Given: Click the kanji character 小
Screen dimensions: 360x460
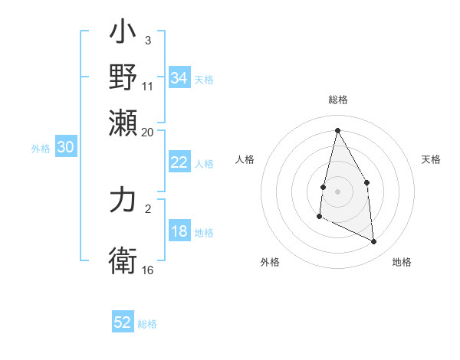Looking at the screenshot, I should click(123, 34).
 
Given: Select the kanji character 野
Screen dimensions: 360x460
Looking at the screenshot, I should click(123, 77).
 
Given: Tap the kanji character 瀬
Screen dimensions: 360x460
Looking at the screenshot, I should click(123, 122).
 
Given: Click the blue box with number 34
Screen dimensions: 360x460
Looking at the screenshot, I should click(179, 78).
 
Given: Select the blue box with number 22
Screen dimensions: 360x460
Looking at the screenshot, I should click(179, 162).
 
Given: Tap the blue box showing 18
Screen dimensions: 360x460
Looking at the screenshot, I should click(179, 232).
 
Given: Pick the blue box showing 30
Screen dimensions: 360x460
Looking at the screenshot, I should click(65, 148).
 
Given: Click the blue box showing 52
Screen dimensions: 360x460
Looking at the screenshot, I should click(123, 322).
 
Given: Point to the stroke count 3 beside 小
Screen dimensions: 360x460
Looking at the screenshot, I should click(147, 39).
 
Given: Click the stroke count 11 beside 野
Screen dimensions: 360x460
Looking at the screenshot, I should click(147, 86).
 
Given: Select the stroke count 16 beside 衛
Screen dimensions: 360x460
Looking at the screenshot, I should click(148, 270).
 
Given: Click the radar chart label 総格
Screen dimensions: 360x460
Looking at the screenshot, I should click(338, 100).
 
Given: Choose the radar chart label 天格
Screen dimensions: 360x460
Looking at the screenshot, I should click(431, 159).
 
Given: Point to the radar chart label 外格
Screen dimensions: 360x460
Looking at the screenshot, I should click(270, 262).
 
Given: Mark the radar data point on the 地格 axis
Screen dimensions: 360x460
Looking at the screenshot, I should click(374, 241).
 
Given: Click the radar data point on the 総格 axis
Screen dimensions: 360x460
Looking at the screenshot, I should click(337, 130).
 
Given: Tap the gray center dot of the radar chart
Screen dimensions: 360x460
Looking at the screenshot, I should click(337, 191).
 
